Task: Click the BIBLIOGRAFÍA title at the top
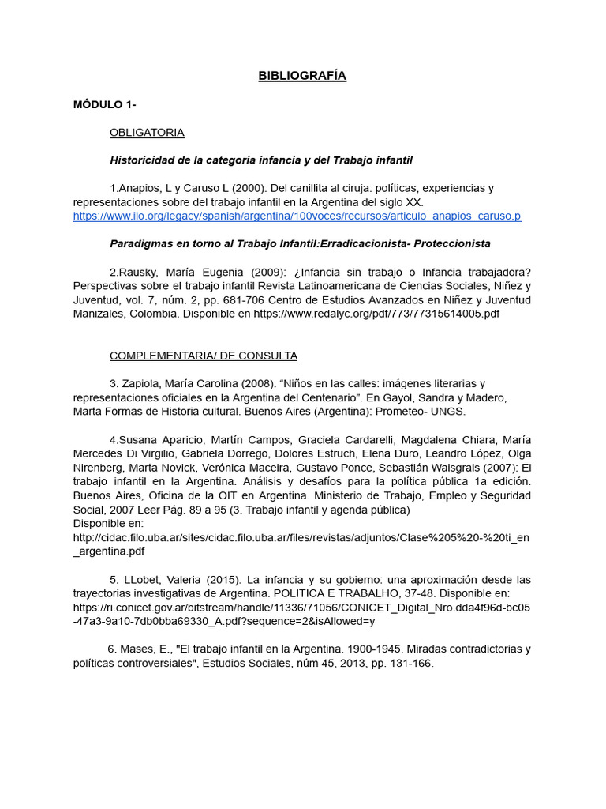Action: tap(302, 76)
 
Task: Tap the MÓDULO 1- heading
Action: tap(104, 104)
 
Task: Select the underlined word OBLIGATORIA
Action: tap(147, 132)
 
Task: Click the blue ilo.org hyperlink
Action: tap(297, 216)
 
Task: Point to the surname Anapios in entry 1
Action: tap(138, 188)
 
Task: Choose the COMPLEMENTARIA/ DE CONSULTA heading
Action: tap(203, 356)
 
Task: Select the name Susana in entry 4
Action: tap(139, 439)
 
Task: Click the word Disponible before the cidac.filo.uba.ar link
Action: tap(98, 523)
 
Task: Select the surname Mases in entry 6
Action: tap(137, 649)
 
